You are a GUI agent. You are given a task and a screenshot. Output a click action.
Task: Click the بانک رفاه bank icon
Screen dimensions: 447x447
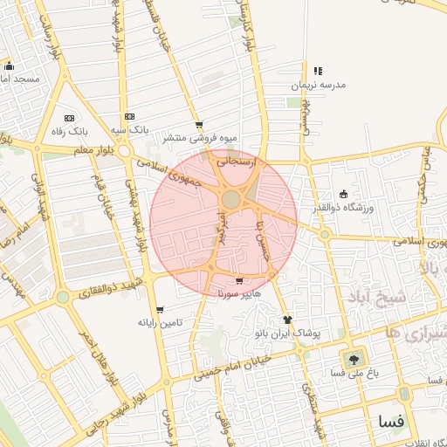click(69, 117)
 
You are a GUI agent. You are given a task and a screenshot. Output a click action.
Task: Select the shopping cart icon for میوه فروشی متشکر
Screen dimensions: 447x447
click(199, 125)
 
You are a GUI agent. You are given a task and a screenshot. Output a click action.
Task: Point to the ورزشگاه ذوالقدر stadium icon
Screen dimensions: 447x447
click(343, 194)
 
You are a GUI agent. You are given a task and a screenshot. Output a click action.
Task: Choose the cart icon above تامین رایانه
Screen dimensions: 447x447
click(159, 309)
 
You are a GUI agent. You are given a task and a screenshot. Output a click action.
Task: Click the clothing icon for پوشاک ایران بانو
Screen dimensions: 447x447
click(286, 320)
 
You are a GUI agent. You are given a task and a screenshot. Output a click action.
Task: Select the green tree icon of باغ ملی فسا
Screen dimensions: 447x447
click(354, 358)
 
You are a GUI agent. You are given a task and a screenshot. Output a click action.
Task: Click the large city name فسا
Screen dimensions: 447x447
click(392, 421)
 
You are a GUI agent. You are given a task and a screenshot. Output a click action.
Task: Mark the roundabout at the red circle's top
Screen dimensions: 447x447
click(230, 200)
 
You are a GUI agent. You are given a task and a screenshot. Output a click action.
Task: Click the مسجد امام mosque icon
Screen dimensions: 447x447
click(9, 66)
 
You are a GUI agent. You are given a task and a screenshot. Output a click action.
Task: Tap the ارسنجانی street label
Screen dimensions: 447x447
click(237, 162)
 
